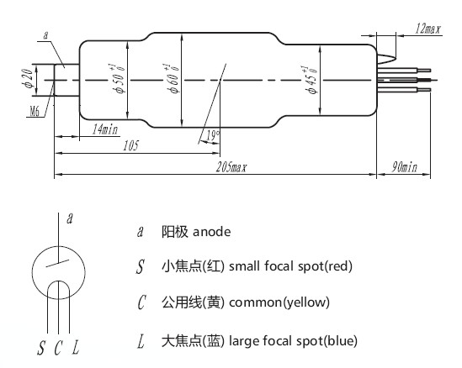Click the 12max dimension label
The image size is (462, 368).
pos(428,29)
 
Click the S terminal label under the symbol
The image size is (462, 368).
pos(40,346)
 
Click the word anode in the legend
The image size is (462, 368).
pos(212,230)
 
